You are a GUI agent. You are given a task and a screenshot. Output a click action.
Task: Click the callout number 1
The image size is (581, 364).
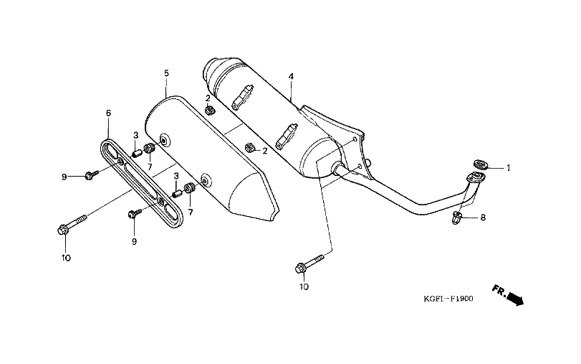508,169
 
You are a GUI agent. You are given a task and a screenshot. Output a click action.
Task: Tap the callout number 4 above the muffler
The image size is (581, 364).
292,76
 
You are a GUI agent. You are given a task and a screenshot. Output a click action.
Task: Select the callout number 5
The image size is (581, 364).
166,73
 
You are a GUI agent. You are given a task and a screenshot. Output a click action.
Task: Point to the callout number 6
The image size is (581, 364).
108,113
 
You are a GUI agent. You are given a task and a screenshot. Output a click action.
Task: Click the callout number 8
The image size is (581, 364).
482,217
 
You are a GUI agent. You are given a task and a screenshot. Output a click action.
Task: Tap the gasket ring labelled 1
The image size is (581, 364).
480,164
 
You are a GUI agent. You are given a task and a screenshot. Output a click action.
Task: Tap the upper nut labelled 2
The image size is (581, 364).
210,111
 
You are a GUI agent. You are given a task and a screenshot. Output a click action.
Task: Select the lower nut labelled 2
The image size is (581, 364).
250,149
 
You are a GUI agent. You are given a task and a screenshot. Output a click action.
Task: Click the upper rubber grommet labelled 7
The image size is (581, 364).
150,149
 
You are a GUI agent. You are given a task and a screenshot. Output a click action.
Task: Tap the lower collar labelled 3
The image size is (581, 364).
176,192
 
